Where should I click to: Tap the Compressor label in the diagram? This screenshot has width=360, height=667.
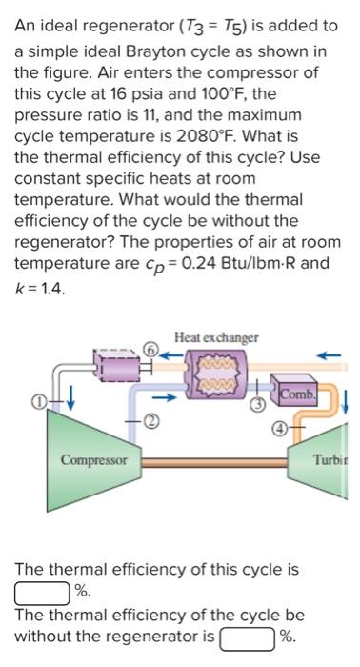point(93,460)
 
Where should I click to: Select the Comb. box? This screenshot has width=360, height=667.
point(297,392)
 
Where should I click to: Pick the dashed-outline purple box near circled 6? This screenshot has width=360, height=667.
point(114,361)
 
